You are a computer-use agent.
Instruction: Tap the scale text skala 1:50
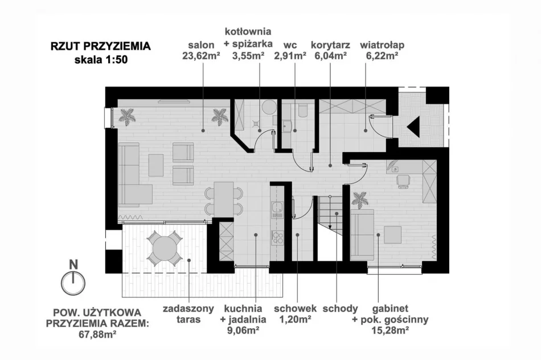[100, 60]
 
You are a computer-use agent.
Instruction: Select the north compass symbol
[73, 280]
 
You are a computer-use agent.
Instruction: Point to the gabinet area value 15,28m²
[390, 330]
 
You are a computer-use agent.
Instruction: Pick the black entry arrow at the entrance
[413, 128]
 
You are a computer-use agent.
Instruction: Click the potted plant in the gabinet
[359, 200]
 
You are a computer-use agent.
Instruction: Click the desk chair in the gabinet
[403, 181]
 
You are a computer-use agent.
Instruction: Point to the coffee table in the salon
[155, 165]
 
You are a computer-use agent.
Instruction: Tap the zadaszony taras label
[188, 314]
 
